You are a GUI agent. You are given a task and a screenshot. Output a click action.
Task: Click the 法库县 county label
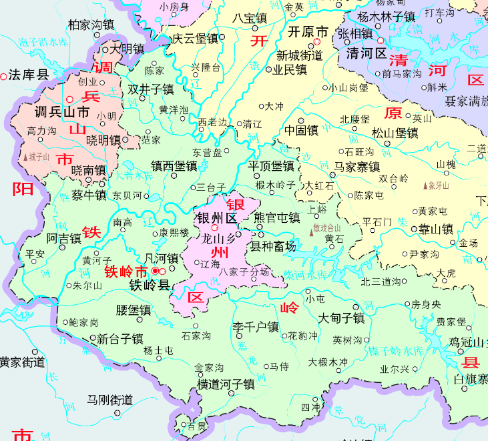29,75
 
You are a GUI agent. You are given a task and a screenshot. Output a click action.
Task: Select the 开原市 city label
307,31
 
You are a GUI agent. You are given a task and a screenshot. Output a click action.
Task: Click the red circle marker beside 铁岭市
156,271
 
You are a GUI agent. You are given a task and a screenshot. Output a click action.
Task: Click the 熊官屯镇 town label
277,217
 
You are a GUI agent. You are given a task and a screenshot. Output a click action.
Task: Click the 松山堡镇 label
395,133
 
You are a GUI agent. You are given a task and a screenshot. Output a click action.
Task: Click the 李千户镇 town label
254,328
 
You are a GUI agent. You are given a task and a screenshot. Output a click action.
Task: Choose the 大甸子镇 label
340,318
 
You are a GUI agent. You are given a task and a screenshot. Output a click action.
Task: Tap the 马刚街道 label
109,400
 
